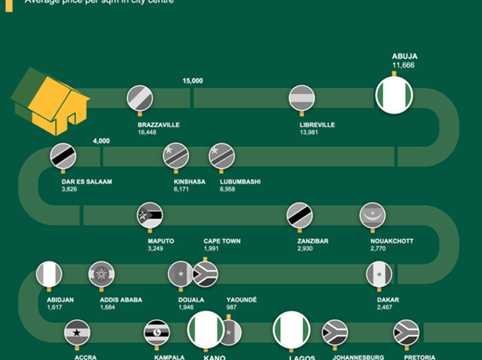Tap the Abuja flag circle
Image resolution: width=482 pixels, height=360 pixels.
point(393,96)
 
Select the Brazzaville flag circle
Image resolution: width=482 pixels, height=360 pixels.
point(140,98)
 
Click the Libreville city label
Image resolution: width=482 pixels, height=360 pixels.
point(317,124)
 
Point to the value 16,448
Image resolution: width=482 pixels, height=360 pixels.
point(147,133)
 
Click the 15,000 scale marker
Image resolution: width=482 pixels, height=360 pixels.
point(193,81)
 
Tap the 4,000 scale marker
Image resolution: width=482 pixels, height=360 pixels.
point(101,141)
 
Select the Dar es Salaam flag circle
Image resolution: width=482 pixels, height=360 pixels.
point(63,156)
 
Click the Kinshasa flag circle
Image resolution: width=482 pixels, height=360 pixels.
point(176,156)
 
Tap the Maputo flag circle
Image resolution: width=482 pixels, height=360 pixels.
point(150,215)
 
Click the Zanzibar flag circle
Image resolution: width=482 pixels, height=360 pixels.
point(299,215)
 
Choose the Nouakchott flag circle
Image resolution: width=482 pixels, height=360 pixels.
point(372,215)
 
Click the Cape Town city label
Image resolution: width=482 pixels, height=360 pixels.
point(222,241)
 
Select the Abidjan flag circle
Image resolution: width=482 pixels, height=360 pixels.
point(49,274)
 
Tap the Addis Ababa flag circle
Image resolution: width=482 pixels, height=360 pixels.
point(101,274)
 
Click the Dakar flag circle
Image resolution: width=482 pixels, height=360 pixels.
point(379,274)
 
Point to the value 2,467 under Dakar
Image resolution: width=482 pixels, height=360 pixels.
point(385,308)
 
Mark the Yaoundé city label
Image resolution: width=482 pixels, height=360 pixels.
point(241,299)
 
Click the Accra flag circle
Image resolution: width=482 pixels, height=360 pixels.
point(77,332)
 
